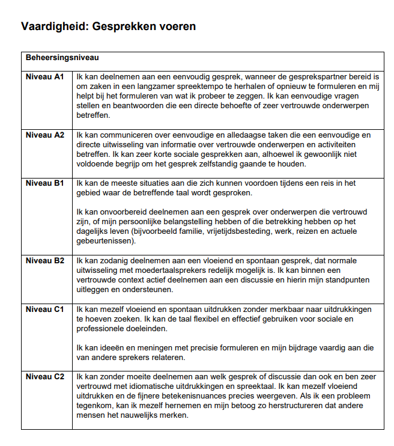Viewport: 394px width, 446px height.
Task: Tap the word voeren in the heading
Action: click(x=178, y=27)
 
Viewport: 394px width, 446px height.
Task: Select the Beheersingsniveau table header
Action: click(x=62, y=58)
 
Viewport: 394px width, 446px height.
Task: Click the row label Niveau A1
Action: click(x=45, y=77)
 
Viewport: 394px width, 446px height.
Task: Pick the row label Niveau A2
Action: click(x=45, y=135)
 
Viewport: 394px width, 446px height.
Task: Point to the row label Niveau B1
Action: click(x=45, y=183)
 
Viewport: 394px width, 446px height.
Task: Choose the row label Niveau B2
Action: click(x=45, y=261)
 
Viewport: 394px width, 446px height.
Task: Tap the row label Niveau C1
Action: click(x=45, y=309)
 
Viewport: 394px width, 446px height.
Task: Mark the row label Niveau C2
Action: click(x=45, y=377)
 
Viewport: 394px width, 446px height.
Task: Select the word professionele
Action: click(x=103, y=328)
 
